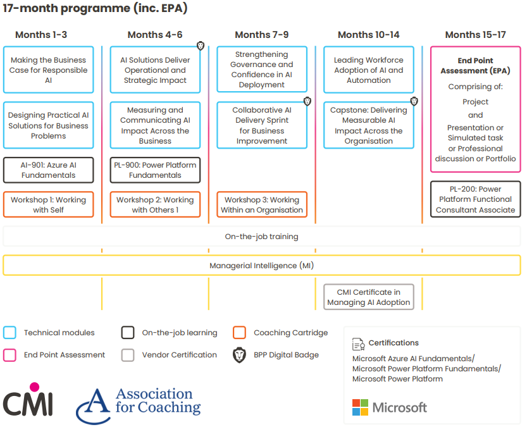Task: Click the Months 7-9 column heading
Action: coord(261,35)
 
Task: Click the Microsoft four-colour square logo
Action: coord(361,407)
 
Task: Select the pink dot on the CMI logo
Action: coord(34,387)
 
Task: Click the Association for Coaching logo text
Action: coord(158,400)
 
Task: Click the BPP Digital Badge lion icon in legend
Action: coord(239,355)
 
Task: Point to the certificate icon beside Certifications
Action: coord(358,344)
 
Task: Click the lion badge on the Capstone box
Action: coord(414,101)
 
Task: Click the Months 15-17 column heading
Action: coord(475,35)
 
